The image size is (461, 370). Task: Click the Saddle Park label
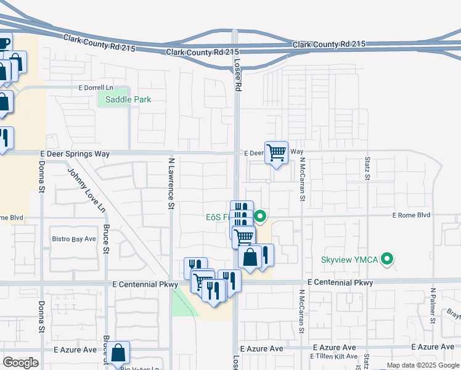[x=128, y=99]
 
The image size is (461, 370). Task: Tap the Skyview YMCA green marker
[x=387, y=259]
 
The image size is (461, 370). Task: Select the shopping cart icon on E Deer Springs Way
[x=277, y=152]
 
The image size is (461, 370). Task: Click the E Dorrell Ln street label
[x=96, y=88]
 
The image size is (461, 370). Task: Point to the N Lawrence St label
[x=172, y=184]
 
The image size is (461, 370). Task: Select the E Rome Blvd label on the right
[x=411, y=216]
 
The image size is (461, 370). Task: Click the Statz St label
[x=366, y=168]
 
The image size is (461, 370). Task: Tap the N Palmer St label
[x=433, y=305]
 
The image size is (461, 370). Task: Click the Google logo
[x=20, y=363]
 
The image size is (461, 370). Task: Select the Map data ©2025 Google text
[x=422, y=365]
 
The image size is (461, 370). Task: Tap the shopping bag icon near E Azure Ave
[x=120, y=353]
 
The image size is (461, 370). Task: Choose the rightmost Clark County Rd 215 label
[x=329, y=44]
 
